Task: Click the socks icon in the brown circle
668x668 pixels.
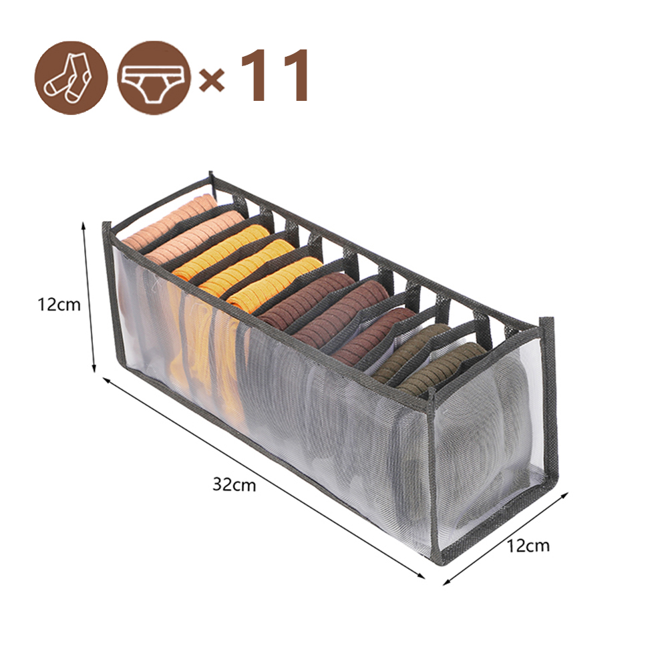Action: [71, 77]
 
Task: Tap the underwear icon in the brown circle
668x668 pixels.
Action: [153, 77]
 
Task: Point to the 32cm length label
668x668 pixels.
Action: [234, 484]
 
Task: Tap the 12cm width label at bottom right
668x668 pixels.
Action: [528, 546]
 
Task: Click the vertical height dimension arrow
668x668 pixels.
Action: [88, 298]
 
